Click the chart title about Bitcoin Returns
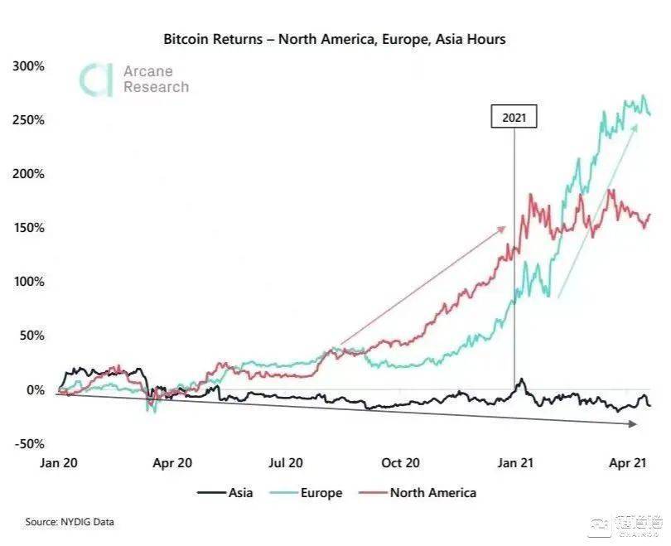[x=334, y=39]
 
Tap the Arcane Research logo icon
[x=95, y=79]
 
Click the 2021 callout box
[x=514, y=118]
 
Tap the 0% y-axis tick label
[x=34, y=389]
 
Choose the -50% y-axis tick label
[x=29, y=443]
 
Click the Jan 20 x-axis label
[x=59, y=463]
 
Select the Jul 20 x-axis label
[x=285, y=463]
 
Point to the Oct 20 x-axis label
[x=400, y=463]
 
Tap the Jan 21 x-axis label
[x=514, y=463]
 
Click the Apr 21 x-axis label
[x=628, y=463]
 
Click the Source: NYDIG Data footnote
[x=70, y=522]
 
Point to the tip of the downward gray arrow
[x=636, y=424]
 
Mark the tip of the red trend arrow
[x=505, y=226]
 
